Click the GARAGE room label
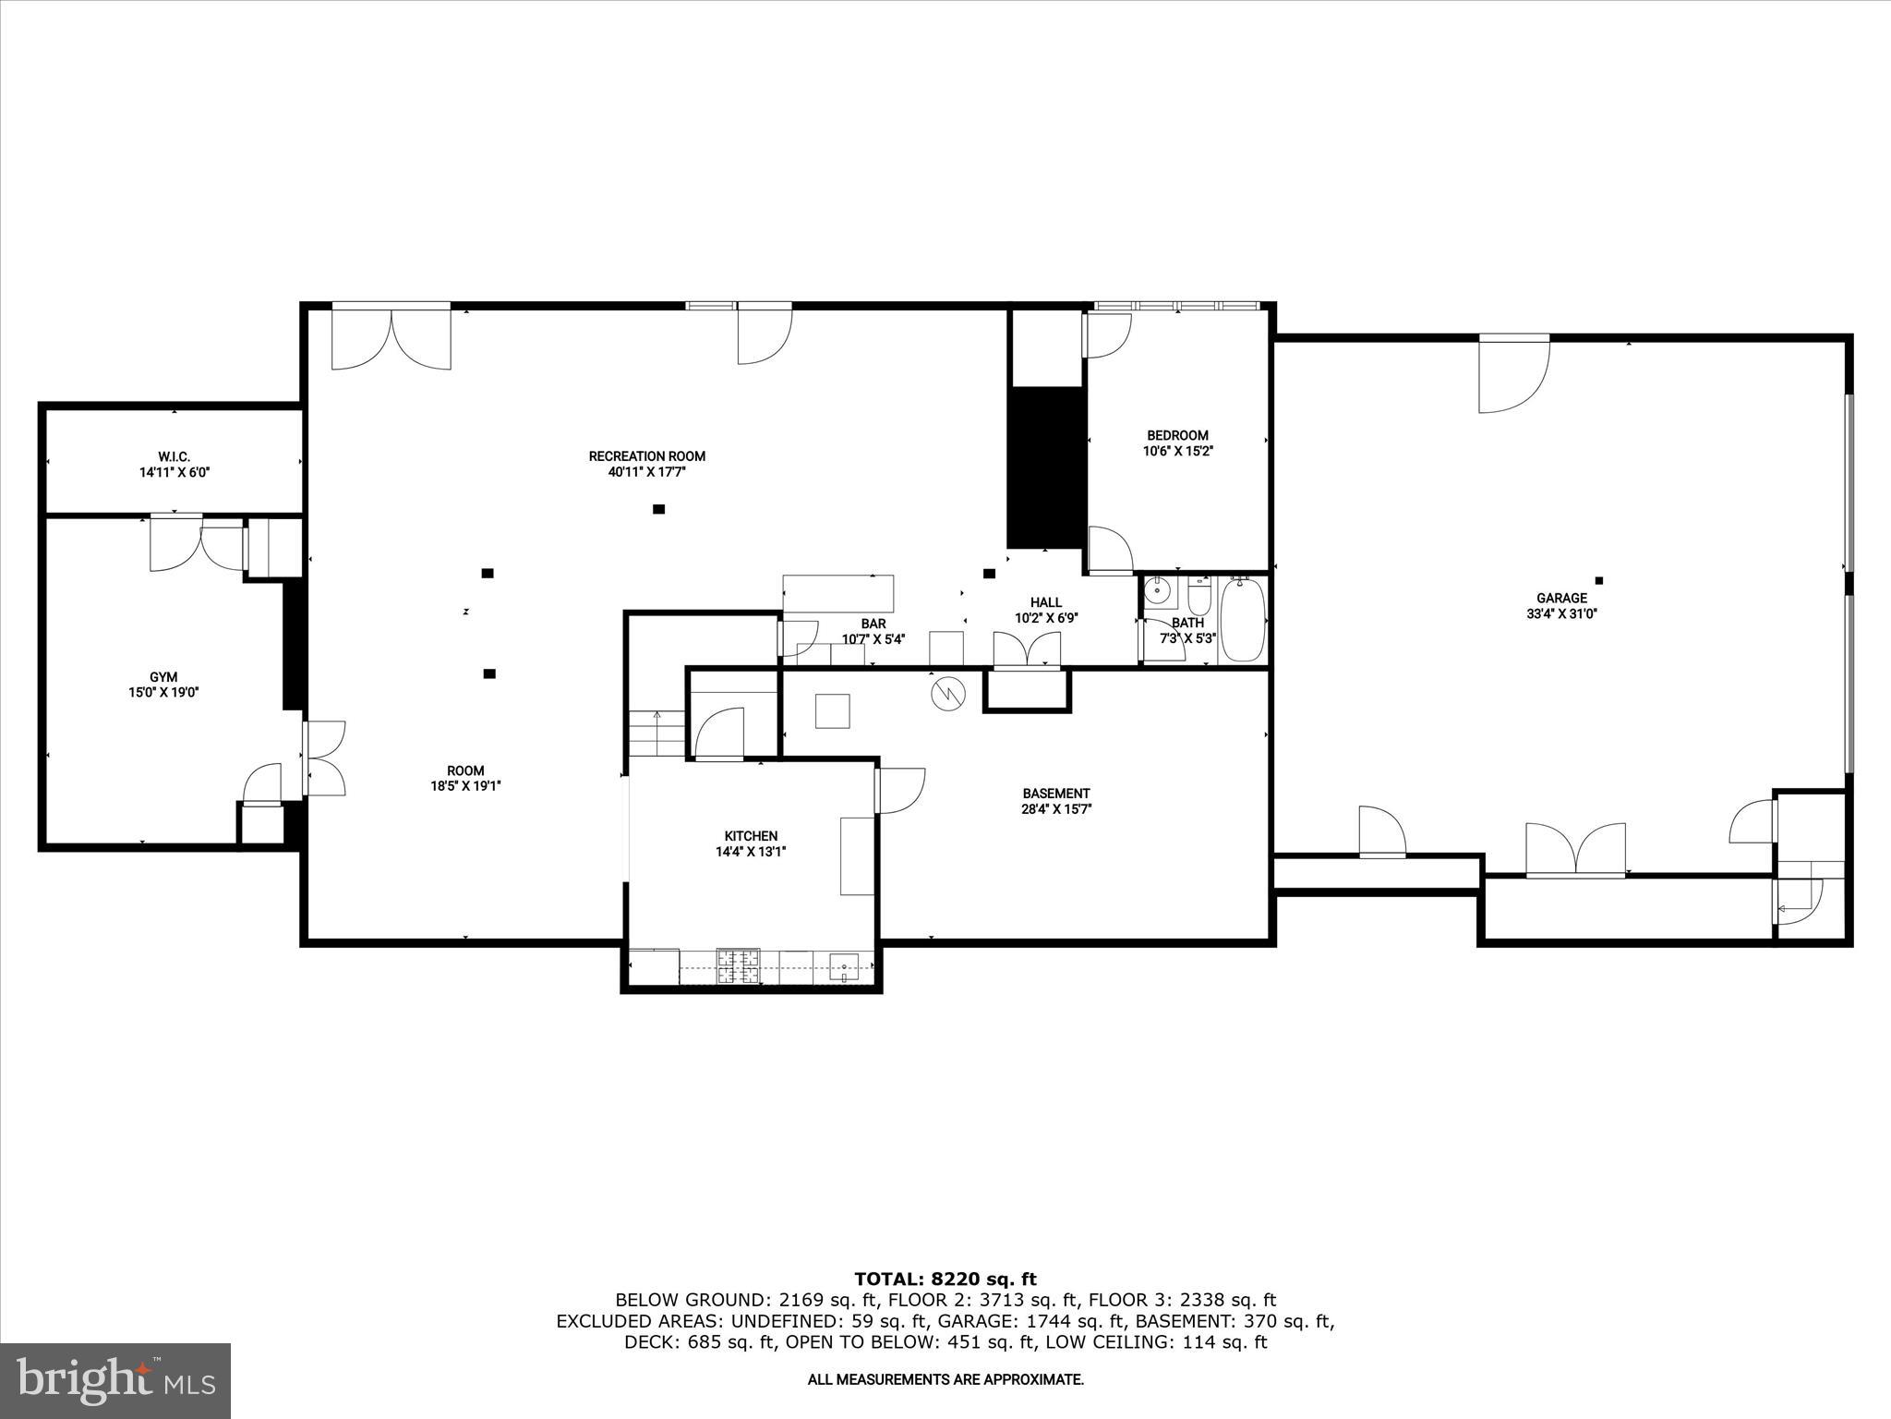click(1561, 598)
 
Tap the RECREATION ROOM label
click(646, 455)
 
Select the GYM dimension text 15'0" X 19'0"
click(163, 692)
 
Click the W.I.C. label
click(174, 456)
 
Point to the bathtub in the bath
click(1242, 619)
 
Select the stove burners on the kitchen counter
click(739, 966)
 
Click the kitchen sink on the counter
click(844, 967)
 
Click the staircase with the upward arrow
click(656, 734)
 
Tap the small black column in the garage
click(1599, 580)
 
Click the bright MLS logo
click(115, 1380)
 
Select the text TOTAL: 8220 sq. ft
click(945, 1279)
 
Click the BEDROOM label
click(1177, 435)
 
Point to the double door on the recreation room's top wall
click(391, 337)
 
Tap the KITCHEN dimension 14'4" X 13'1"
click(750, 852)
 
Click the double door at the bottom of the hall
click(1027, 649)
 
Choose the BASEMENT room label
click(1055, 793)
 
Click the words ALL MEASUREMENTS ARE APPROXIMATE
click(945, 1379)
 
